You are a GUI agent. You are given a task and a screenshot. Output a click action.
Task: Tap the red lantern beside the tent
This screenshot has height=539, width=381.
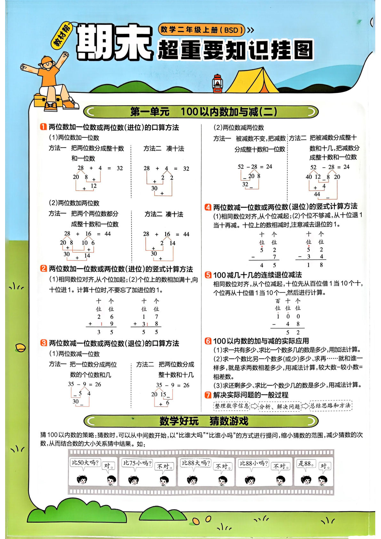218,84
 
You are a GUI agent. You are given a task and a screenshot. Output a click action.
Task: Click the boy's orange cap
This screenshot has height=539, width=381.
47,60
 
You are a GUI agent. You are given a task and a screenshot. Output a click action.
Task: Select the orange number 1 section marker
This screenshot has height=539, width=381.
43,127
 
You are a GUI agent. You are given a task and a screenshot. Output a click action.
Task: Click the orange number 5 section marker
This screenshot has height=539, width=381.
208,275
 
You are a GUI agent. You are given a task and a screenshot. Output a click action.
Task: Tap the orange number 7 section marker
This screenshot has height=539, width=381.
208,395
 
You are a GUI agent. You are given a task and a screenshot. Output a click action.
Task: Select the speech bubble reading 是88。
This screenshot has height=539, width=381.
306,463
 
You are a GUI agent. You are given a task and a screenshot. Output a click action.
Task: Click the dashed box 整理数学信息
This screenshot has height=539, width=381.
232,406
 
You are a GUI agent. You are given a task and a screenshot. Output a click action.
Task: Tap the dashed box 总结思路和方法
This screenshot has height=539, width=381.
330,406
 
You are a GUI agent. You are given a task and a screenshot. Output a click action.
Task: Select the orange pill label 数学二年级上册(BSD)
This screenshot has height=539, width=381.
202,30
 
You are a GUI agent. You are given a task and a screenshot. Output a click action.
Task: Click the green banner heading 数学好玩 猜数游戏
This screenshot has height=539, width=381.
203,421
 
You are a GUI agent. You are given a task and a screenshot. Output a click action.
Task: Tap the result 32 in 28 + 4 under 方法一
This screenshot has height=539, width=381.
120,168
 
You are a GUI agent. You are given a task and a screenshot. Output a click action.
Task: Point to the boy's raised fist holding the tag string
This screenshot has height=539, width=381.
65,55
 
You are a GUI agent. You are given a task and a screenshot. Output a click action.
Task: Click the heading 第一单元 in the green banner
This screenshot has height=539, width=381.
150,112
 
